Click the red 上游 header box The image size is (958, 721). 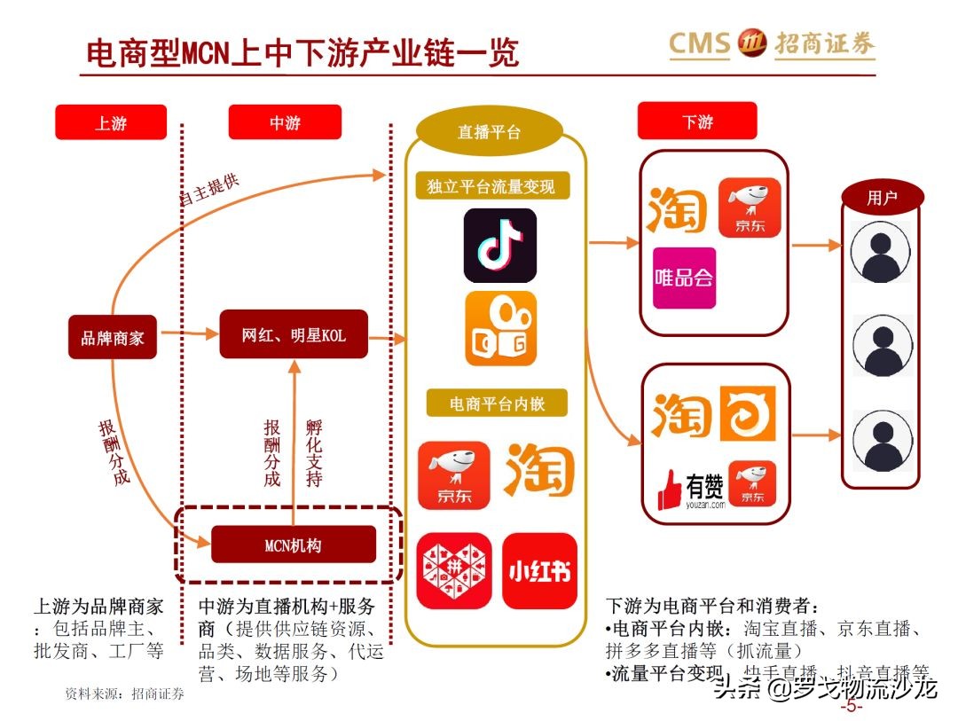tap(111, 122)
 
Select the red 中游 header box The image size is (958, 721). tap(285, 122)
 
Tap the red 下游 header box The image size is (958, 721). tap(697, 121)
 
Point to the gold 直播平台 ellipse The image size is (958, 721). tap(489, 132)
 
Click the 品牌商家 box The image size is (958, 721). tap(113, 337)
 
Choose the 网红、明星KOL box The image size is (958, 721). tap(294, 335)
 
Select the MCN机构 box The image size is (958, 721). tap(294, 545)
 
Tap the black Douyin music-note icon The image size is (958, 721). tap(500, 246)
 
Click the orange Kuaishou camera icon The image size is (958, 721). tap(500, 329)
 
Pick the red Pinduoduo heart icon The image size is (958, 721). tap(453, 571)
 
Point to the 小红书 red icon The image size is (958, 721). tap(539, 571)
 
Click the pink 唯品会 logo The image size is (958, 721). tap(684, 278)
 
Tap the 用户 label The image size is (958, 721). tap(882, 198)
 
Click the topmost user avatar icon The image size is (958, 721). tap(881, 252)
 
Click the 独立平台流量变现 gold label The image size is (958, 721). tap(491, 187)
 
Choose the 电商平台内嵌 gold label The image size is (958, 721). tap(497, 404)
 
